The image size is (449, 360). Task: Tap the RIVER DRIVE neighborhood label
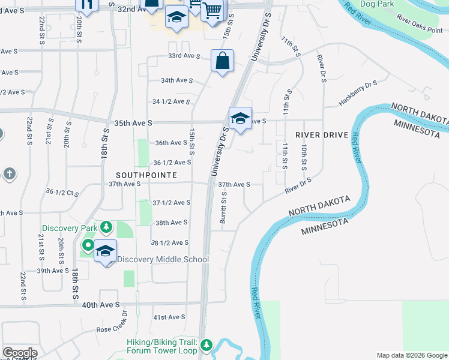321,135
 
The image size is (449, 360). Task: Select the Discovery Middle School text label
163,259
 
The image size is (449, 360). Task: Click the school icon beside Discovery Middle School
105,251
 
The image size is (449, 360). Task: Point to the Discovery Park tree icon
106,227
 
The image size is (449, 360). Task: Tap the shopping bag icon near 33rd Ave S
222,61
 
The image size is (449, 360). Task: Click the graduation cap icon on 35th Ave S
240,118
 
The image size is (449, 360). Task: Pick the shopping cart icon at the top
212,10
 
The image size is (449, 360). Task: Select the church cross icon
9,174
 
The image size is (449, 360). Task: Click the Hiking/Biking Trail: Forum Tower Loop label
162,346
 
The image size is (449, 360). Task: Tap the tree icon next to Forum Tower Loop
206,346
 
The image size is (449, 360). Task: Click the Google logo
20,353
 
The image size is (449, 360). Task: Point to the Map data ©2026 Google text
412,355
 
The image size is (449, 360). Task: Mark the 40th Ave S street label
101,305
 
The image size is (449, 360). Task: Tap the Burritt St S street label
223,208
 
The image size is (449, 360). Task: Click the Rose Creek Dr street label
112,329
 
